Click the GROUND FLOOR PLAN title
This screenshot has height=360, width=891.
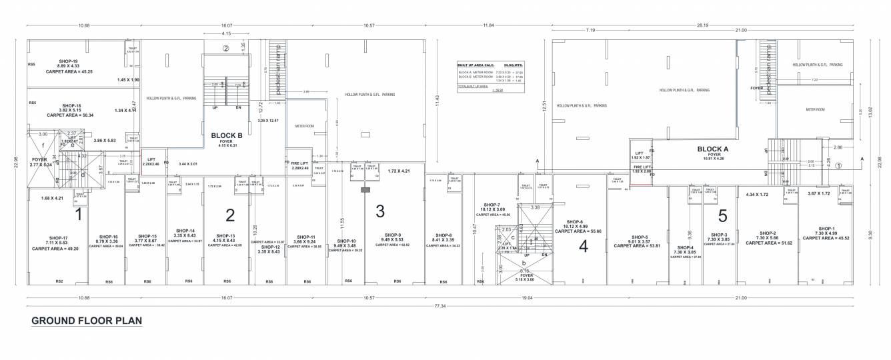[87, 320]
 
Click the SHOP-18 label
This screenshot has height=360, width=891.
[71, 106]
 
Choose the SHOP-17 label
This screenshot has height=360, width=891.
[58, 238]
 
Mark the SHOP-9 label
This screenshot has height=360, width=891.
[391, 235]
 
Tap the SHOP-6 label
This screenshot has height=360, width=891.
[575, 222]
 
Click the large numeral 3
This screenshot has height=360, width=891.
[380, 212]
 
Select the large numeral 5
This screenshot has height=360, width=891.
[722, 216]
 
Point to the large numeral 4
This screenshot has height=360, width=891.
[584, 246]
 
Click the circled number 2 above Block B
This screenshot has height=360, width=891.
[226, 48]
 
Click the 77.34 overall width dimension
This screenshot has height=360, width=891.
[440, 305]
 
